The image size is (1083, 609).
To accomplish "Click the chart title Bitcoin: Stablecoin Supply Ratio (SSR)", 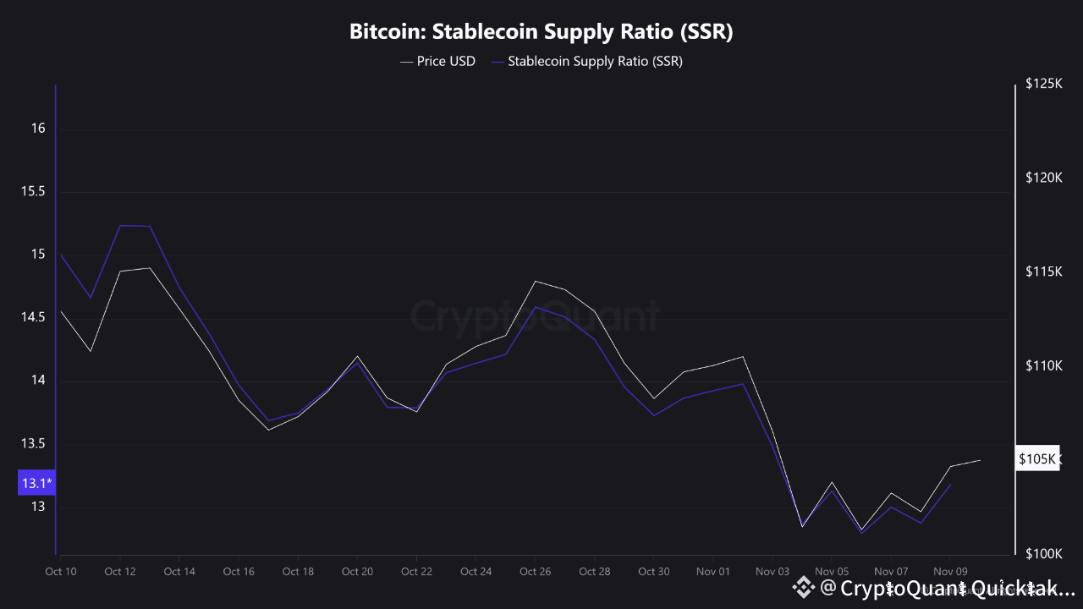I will (541, 32).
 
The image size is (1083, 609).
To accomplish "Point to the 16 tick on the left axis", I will (38, 129).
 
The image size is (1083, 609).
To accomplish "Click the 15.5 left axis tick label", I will (32, 192).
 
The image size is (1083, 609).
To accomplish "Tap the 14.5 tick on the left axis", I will (32, 317).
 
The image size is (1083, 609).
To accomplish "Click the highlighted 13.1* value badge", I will (36, 483).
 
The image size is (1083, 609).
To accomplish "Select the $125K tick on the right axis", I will (1042, 84).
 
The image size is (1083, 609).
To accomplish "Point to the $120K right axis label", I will (1042, 178).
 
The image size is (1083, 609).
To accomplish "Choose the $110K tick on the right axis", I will (1042, 365).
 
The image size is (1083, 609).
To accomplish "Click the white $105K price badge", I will (1037, 459).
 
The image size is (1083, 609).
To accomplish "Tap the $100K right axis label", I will (1042, 553).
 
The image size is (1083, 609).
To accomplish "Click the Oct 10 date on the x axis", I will (61, 572).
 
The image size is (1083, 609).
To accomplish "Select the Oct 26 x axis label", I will (536, 572).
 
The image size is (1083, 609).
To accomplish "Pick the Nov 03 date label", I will (772, 572).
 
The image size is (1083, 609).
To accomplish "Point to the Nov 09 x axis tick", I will (950, 572).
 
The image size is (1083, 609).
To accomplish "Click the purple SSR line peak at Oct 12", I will (120, 225).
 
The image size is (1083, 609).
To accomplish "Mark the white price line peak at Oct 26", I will (536, 281).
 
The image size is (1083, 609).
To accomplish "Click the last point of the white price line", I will (980, 460).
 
